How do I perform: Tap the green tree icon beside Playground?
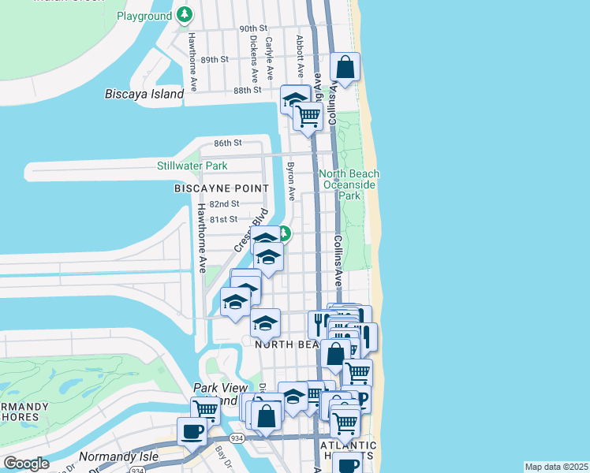[185, 15]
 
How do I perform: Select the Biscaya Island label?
[144, 94]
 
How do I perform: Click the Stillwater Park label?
[192, 166]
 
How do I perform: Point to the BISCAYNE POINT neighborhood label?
[222, 188]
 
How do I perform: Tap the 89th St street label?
[214, 59]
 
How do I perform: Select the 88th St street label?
[247, 90]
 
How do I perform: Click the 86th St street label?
[227, 143]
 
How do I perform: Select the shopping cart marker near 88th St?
[308, 117]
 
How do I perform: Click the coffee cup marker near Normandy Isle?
[192, 431]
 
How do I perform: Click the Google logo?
[26, 464]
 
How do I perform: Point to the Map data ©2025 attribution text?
[556, 467]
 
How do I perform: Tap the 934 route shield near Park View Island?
[237, 437]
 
